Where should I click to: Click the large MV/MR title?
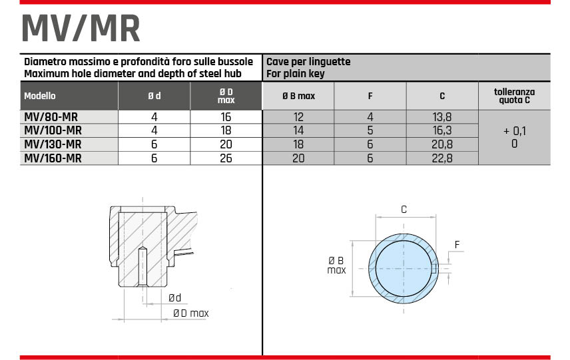[81, 29]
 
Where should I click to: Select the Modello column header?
[40, 96]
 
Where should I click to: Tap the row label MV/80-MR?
[51, 117]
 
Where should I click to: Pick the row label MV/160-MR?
[53, 158]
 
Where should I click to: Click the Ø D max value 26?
[226, 158]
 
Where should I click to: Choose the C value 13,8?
[442, 117]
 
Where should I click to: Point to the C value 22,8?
[442, 158]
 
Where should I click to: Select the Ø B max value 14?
[298, 130]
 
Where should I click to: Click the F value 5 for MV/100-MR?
[370, 130]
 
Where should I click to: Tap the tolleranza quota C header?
[514, 96]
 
